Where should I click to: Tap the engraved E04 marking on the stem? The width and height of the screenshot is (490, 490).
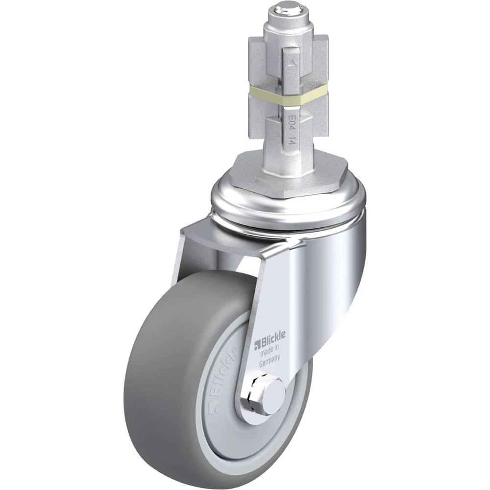[x=292, y=122]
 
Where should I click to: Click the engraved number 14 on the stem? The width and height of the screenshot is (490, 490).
[x=291, y=141]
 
